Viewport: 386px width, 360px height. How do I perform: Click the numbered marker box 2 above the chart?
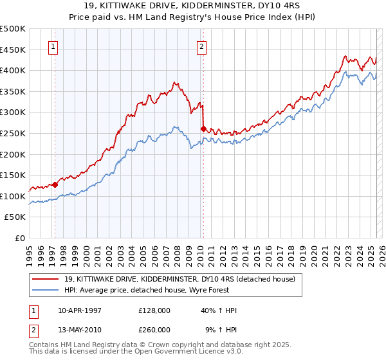[201, 46]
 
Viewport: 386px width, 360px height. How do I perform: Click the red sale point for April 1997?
[55, 184]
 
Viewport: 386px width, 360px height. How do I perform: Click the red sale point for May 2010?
[204, 129]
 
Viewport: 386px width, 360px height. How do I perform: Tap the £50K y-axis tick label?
[15, 217]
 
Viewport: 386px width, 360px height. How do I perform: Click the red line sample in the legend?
[45, 279]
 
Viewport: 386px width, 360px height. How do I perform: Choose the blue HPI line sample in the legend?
[45, 290]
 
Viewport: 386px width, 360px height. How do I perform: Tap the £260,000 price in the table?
[154, 330]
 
